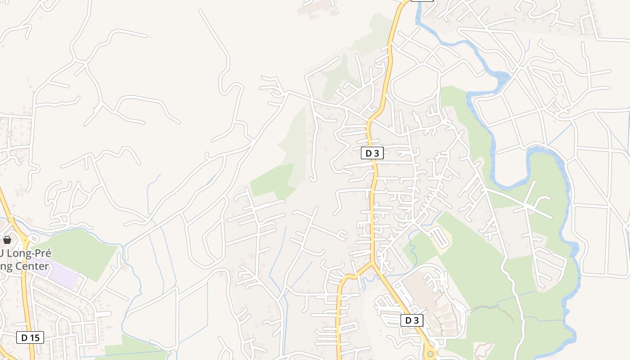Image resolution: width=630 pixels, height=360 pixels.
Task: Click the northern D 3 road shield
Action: pos(372,153)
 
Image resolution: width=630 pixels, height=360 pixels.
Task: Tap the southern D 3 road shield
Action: pos(412,320)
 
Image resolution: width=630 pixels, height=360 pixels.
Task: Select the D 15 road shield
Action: pos(31,337)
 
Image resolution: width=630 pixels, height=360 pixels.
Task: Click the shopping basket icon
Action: pos(7,240)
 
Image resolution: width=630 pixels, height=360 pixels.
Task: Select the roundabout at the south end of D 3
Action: pos(431,354)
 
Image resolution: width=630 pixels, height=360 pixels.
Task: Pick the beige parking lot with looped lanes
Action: pos(440,237)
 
